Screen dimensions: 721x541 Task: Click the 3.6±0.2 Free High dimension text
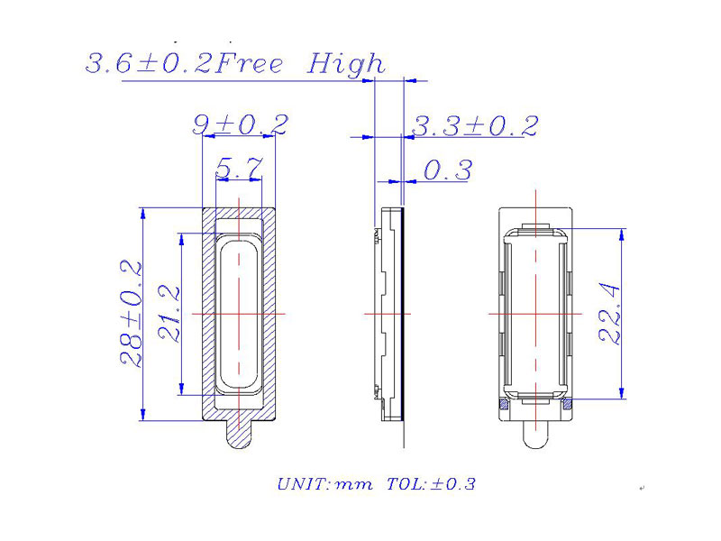tap(235, 63)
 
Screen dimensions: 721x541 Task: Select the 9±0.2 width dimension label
tap(241, 124)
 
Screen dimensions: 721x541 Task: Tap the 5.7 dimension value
tap(239, 168)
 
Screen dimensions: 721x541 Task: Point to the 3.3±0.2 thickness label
tap(475, 125)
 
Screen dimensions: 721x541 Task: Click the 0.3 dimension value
tap(447, 170)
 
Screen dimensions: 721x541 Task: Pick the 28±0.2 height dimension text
tap(131, 314)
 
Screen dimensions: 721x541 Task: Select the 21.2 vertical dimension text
tap(169, 314)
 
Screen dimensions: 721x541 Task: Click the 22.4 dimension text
tap(609, 314)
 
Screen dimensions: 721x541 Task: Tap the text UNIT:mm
tap(325, 484)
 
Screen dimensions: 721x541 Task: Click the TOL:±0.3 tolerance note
tap(431, 484)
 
